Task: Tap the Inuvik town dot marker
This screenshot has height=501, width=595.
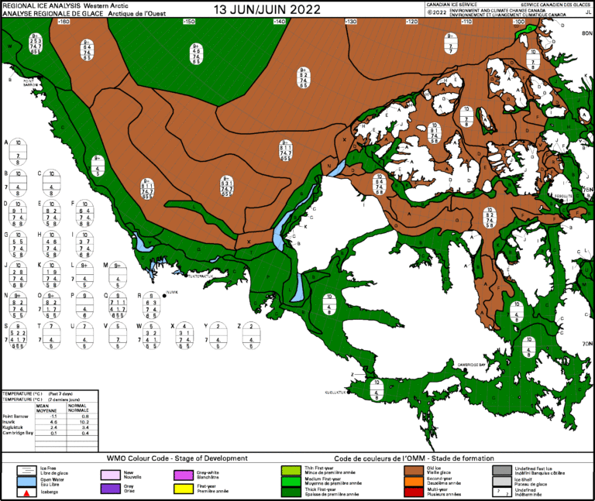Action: [x=164, y=293]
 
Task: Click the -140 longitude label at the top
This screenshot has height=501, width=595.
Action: [x=278, y=22]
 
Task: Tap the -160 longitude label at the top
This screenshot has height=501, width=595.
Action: [x=64, y=22]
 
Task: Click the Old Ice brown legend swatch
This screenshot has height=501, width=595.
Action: [x=414, y=469]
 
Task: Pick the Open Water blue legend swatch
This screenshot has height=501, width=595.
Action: [x=27, y=481]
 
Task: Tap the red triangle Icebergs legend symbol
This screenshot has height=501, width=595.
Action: [x=27, y=492]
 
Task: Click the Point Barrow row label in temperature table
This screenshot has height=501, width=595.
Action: [x=16, y=415]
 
